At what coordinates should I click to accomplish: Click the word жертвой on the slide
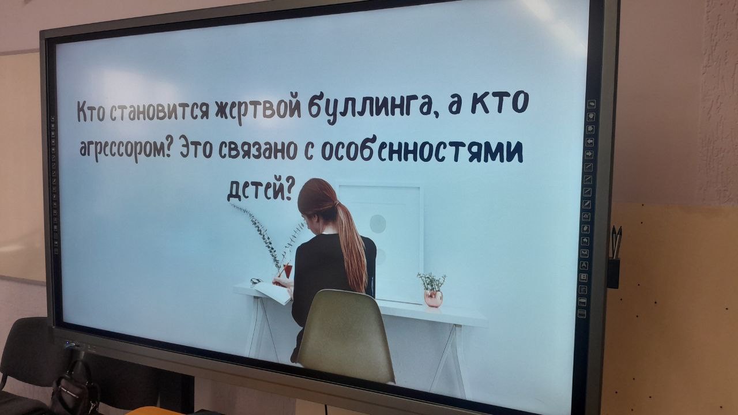258,109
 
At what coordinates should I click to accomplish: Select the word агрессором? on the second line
126,149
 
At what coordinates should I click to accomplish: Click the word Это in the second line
196,149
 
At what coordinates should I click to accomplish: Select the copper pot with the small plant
433,299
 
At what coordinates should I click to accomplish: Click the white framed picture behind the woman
381,244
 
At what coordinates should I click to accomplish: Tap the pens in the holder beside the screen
616,242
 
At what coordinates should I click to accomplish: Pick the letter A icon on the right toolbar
584,265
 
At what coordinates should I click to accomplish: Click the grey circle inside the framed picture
378,224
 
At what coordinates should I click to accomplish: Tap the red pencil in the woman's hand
283,270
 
